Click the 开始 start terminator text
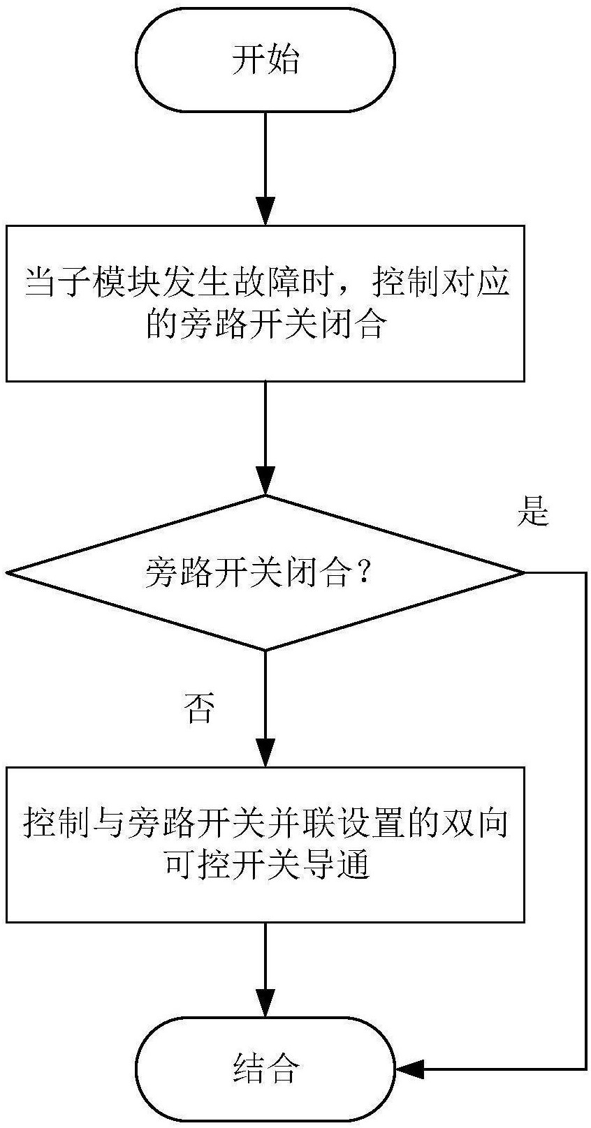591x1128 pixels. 265,61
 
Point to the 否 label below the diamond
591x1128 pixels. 200,708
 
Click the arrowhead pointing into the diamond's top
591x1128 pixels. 265,482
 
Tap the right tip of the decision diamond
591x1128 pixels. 525,572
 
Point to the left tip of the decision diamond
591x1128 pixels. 7,572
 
